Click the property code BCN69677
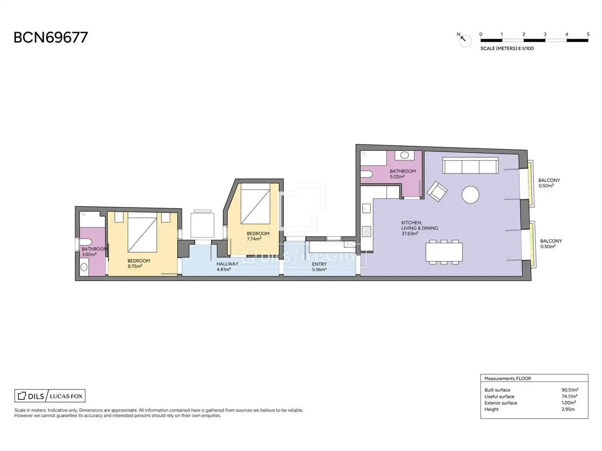point(51,38)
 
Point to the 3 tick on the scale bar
point(545,35)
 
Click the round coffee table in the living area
point(470,195)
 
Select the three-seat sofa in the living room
point(470,165)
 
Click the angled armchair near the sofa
point(437,191)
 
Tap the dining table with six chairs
point(444,252)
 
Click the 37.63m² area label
point(410,233)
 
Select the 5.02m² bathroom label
point(397,177)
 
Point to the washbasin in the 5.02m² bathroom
point(405,155)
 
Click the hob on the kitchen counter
point(367,232)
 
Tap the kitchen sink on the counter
point(366,208)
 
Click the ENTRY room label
point(319,264)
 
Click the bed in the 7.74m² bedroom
point(255,203)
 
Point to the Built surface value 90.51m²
point(570,390)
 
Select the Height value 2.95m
point(568,409)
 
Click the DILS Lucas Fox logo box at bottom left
point(50,396)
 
